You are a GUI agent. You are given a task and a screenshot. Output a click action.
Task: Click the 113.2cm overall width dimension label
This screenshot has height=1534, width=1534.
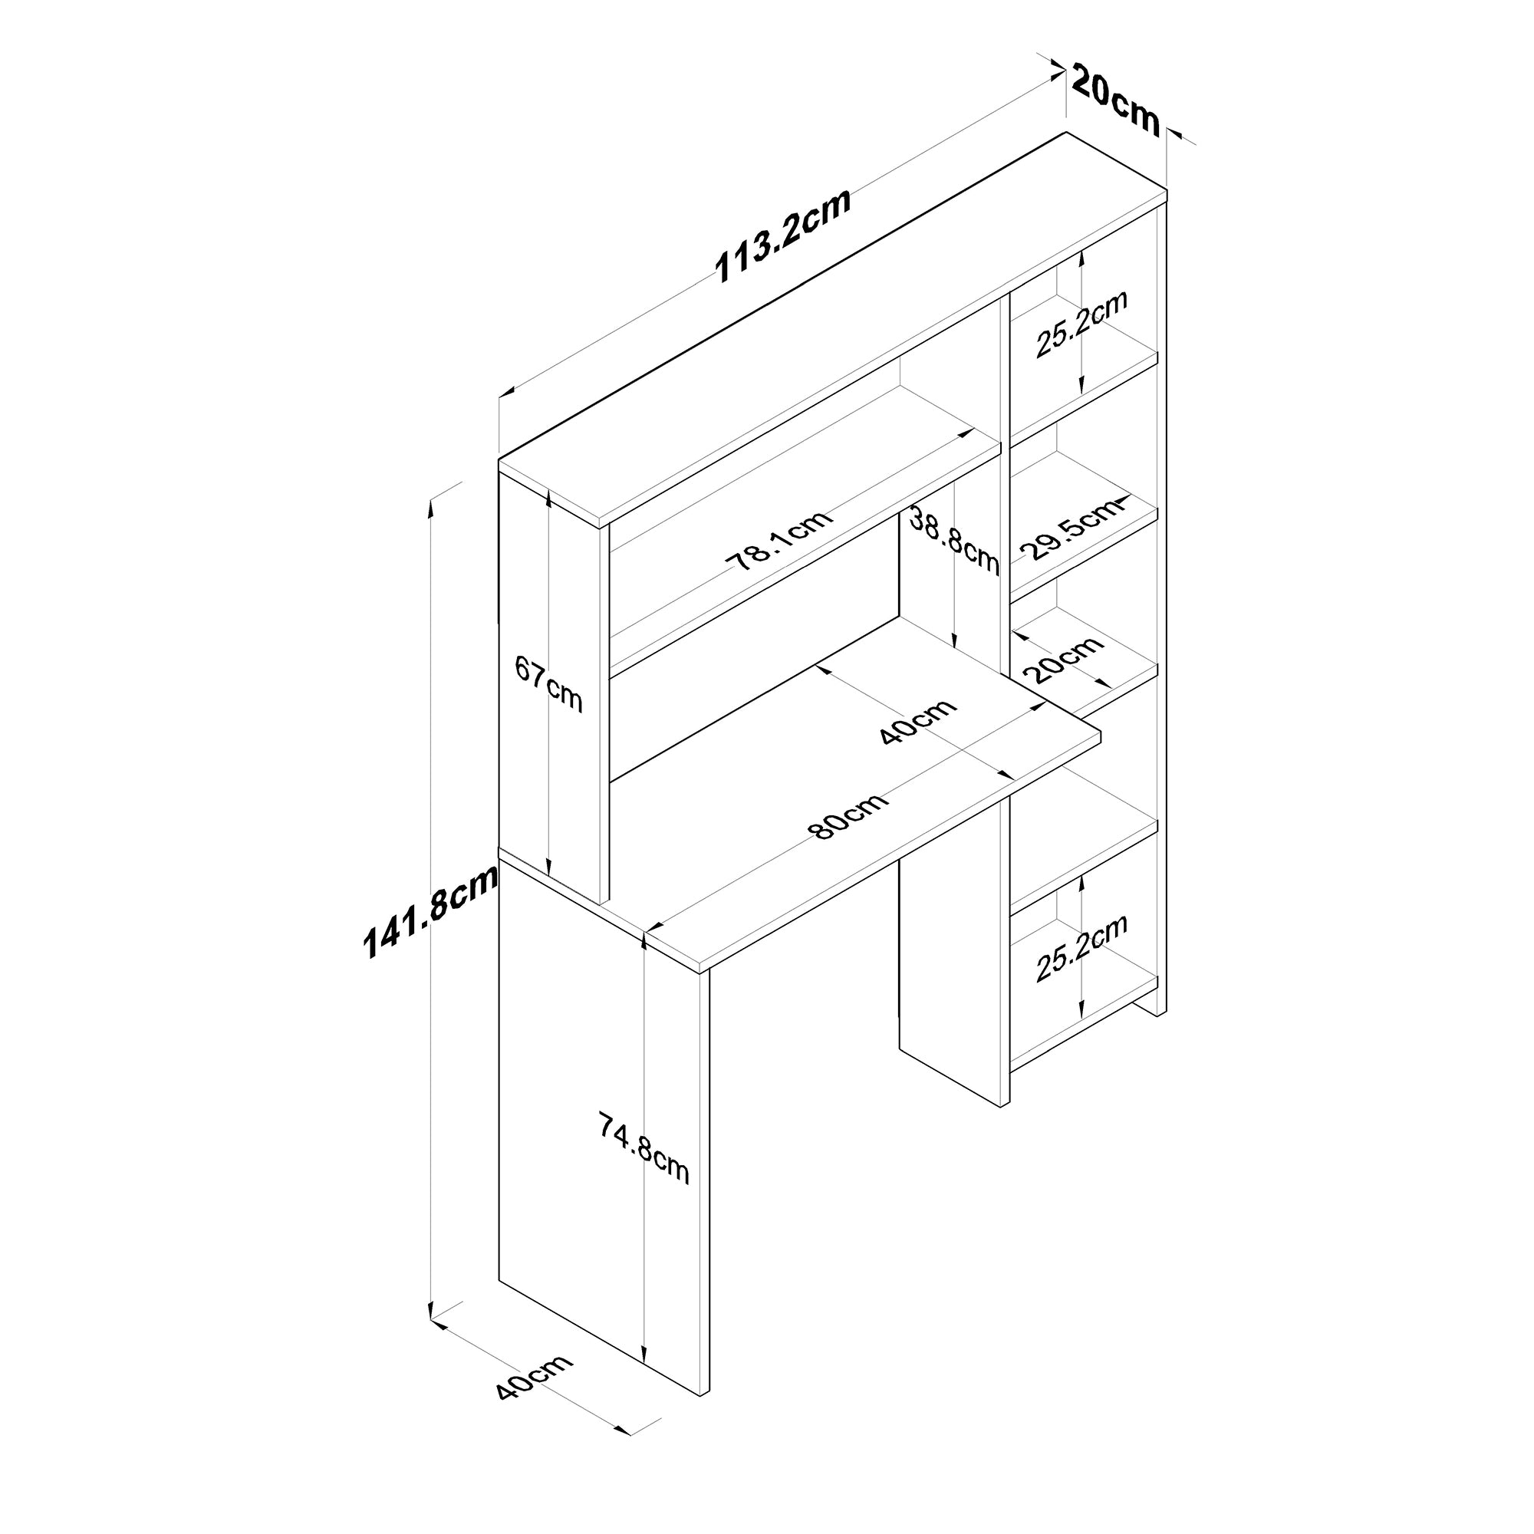point(783,235)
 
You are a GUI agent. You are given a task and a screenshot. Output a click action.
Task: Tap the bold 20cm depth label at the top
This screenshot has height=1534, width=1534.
point(1114,100)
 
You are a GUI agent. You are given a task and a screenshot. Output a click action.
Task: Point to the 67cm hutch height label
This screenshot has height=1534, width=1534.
point(548,683)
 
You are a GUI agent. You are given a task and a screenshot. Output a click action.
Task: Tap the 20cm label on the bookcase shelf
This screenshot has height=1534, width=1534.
point(1063,660)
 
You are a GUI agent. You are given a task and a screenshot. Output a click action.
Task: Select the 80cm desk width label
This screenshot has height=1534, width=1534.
point(848,815)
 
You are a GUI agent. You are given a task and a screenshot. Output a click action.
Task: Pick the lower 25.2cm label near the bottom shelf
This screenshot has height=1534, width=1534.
point(1081,948)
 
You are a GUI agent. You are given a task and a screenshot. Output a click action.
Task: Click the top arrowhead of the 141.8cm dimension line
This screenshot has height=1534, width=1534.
point(431,505)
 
